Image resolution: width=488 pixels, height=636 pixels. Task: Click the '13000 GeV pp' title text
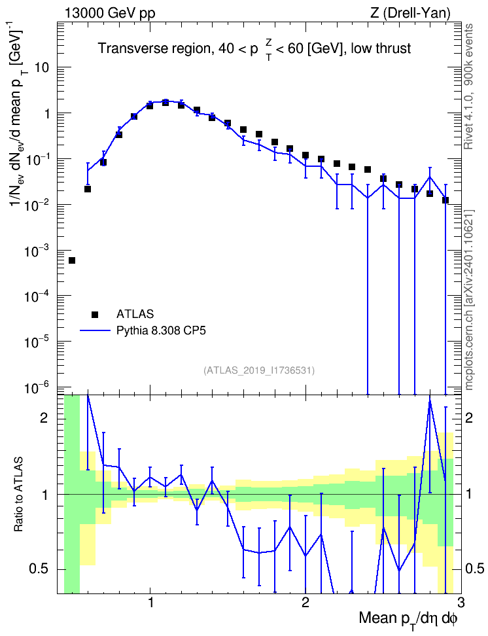[109, 13]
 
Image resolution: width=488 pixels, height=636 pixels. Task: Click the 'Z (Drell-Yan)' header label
[410, 13]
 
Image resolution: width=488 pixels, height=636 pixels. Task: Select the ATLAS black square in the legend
[95, 314]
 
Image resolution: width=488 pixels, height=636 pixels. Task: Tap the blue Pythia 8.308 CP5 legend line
[95, 330]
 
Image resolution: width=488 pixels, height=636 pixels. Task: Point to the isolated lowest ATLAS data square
[72, 260]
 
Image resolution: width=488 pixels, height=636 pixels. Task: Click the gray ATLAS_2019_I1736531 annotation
[259, 370]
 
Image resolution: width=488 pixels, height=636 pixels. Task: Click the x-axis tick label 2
[305, 602]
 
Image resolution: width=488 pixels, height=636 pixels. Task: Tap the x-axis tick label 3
[461, 602]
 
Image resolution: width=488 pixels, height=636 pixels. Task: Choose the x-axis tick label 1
[150, 602]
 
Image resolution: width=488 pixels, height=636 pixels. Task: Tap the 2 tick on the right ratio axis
[469, 418]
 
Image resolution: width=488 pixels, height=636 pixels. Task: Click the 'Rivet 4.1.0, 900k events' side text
[468, 87]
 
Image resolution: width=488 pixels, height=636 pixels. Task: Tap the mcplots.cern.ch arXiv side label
[468, 300]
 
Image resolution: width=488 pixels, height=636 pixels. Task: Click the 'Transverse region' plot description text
[254, 49]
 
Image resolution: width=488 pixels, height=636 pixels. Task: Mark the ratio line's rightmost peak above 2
[430, 400]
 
